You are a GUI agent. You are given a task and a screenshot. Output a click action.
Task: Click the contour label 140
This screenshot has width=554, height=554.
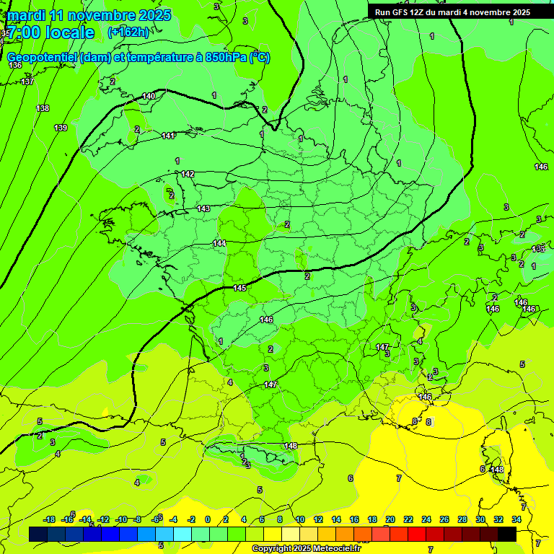[x=149, y=96]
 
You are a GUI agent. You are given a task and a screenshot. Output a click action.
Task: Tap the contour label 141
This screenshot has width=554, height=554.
[x=167, y=136]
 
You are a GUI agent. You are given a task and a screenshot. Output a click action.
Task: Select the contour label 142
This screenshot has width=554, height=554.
[x=188, y=174]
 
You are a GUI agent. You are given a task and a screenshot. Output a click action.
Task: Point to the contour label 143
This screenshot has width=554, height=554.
[x=203, y=208]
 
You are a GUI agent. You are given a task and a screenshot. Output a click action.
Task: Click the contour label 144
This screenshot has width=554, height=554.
[x=220, y=243]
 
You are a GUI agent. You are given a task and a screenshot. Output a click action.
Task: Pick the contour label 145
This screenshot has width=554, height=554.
[x=240, y=288]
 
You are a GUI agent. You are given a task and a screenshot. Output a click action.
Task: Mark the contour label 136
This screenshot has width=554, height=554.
[x=15, y=65]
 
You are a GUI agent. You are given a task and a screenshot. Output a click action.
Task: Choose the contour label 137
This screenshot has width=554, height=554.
[x=27, y=82]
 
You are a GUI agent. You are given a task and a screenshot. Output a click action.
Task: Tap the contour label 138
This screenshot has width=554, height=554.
[x=43, y=108]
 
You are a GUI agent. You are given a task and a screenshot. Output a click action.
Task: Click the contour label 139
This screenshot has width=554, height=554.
[x=61, y=128]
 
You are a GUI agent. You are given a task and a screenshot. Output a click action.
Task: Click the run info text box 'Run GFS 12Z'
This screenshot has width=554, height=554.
[x=452, y=12]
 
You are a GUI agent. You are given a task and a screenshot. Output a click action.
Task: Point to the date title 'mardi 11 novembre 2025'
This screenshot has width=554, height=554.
[x=89, y=15]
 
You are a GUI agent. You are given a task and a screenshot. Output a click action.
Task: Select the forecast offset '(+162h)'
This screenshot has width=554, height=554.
[x=128, y=32]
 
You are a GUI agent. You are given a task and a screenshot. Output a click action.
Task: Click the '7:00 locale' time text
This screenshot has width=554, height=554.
[x=51, y=32]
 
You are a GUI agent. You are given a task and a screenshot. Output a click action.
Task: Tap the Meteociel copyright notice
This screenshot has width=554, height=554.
[x=307, y=549]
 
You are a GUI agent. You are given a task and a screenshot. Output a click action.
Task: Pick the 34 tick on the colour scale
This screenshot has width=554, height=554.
[x=516, y=519]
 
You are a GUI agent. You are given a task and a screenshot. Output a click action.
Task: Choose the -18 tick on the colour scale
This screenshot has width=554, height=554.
[x=49, y=519]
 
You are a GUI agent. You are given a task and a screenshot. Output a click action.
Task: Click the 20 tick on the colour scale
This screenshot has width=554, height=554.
[x=390, y=519]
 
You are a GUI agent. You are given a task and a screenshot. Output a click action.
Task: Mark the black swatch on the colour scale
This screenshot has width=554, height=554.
[x=507, y=534]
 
